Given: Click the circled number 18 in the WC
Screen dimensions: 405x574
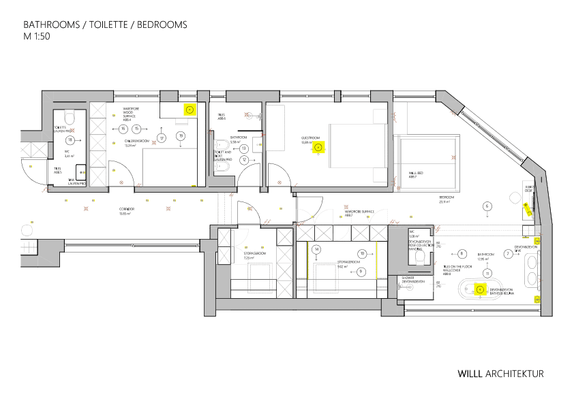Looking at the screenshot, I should coord(70,139).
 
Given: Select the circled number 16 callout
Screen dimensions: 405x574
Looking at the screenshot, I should coord(123,129).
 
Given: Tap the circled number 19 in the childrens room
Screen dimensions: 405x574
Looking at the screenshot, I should coord(181,136).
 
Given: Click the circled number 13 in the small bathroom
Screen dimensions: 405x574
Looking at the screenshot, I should coord(243,148).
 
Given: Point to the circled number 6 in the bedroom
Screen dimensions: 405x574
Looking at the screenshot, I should coord(487,206).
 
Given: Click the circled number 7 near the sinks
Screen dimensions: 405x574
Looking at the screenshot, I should coord(508,253).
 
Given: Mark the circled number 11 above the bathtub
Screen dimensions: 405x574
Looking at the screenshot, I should coord(487,273).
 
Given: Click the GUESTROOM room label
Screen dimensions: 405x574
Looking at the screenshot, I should coord(309,137).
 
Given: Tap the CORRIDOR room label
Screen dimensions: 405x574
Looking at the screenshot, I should coord(126,209).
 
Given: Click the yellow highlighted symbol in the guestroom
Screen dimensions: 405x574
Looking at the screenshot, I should coord(318,146).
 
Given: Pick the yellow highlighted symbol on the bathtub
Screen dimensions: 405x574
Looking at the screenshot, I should coord(479,289).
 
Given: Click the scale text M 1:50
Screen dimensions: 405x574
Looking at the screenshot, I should coord(38,36).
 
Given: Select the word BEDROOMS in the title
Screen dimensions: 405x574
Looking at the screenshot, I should coord(162,25).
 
